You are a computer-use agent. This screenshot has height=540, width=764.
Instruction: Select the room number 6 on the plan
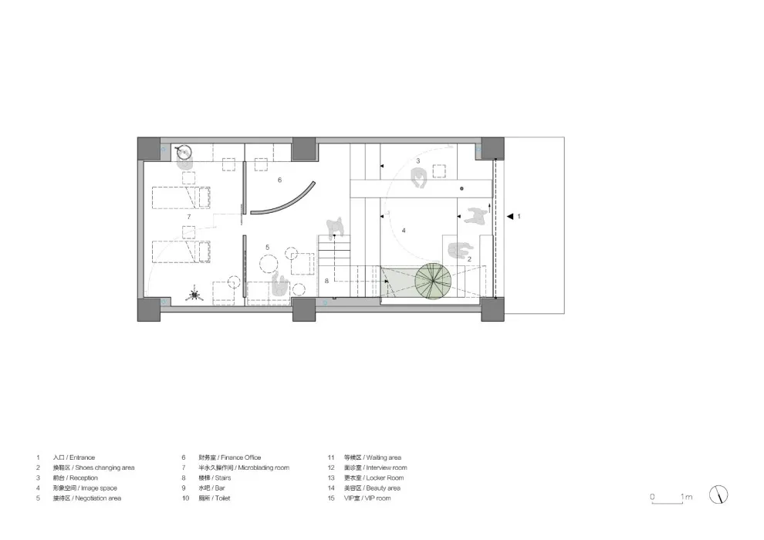pos(279,179)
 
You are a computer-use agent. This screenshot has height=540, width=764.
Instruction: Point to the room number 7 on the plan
pos(188,218)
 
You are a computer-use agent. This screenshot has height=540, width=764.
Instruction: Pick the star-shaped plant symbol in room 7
pos(194,294)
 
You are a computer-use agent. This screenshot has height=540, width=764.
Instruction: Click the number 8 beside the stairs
pos(326,280)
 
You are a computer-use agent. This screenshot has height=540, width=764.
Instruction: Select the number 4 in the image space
pos(404,231)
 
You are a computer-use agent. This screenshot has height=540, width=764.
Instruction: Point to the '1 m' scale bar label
pos(686,497)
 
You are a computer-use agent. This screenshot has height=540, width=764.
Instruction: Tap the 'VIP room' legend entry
pos(377,498)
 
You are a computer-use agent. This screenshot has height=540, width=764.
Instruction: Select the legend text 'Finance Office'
pos(240,457)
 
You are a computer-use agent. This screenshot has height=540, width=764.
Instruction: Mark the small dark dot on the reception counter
pos(461,188)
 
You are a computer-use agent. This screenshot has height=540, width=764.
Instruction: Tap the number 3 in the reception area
pos(417,161)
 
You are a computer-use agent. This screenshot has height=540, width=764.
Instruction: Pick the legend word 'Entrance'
pos(82,457)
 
